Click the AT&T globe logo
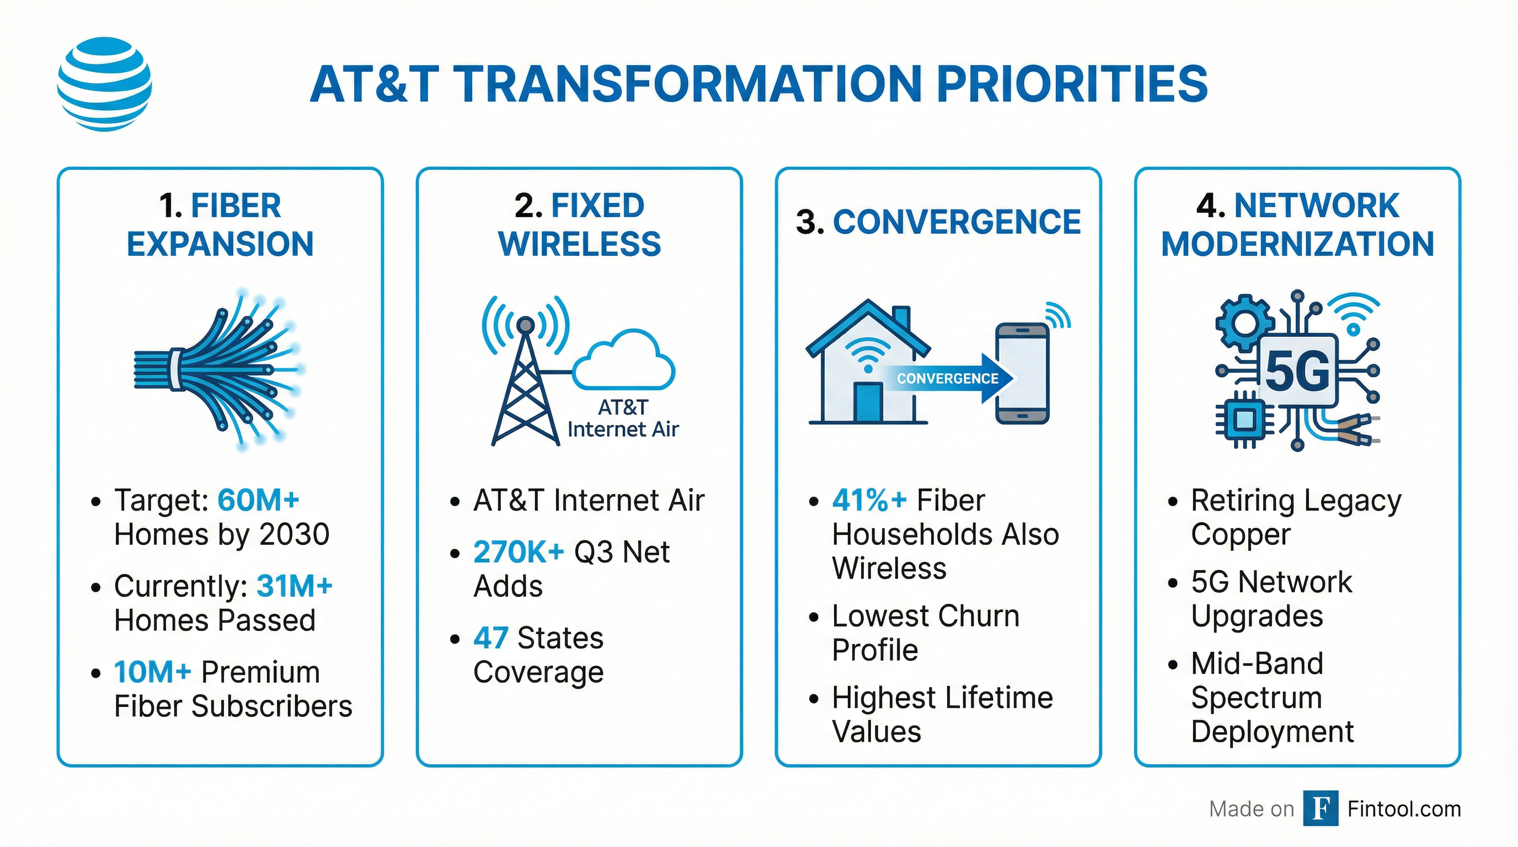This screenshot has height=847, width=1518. point(104,84)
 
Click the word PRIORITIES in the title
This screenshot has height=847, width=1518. point(1072,84)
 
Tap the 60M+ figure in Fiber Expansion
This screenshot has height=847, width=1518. point(258,500)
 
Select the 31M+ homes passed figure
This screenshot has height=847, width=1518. point(295,586)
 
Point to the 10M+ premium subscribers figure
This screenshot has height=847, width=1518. point(153,672)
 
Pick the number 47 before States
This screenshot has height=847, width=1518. point(490,638)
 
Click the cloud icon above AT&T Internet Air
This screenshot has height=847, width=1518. point(623,361)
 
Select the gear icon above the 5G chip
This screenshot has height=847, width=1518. point(1244,323)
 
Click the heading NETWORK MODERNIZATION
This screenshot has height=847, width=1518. point(1297,225)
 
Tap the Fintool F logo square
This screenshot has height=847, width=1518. point(1320,809)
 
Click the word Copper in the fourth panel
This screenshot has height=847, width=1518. point(1241,535)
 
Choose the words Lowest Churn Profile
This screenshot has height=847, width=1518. point(925,633)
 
